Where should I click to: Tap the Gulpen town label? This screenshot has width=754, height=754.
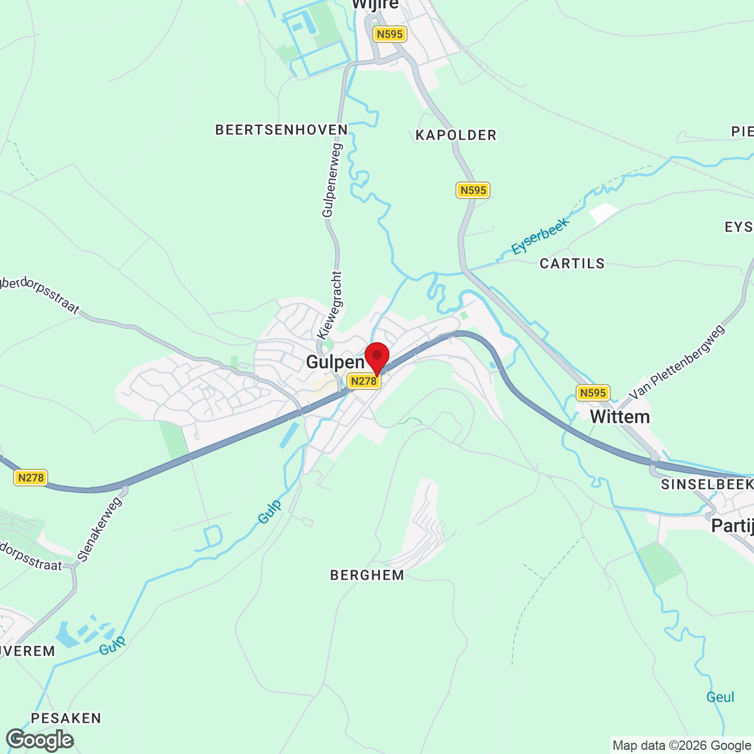click(335, 362)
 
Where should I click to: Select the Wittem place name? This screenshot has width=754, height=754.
click(620, 417)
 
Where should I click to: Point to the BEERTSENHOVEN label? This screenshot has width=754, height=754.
click(282, 130)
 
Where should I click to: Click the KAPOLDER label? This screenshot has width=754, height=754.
click(456, 135)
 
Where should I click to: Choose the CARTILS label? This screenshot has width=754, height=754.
click(572, 264)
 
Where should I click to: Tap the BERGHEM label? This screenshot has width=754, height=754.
click(367, 576)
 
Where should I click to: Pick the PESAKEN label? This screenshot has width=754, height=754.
click(66, 718)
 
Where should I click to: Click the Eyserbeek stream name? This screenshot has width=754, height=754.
click(540, 236)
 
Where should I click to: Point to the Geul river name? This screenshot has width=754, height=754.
click(720, 697)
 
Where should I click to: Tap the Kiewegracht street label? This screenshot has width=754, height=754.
click(330, 305)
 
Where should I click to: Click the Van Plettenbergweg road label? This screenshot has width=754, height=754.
click(677, 362)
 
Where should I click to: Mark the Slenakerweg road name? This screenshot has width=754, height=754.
click(100, 529)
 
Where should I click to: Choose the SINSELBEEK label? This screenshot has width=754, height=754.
click(707, 485)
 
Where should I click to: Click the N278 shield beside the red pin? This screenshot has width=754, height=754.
click(363, 381)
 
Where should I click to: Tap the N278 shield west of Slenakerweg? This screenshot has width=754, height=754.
click(31, 478)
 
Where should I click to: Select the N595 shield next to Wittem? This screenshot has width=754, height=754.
click(593, 393)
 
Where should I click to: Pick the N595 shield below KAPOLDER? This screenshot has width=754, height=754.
click(473, 190)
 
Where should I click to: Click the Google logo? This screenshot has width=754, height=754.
click(40, 740)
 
